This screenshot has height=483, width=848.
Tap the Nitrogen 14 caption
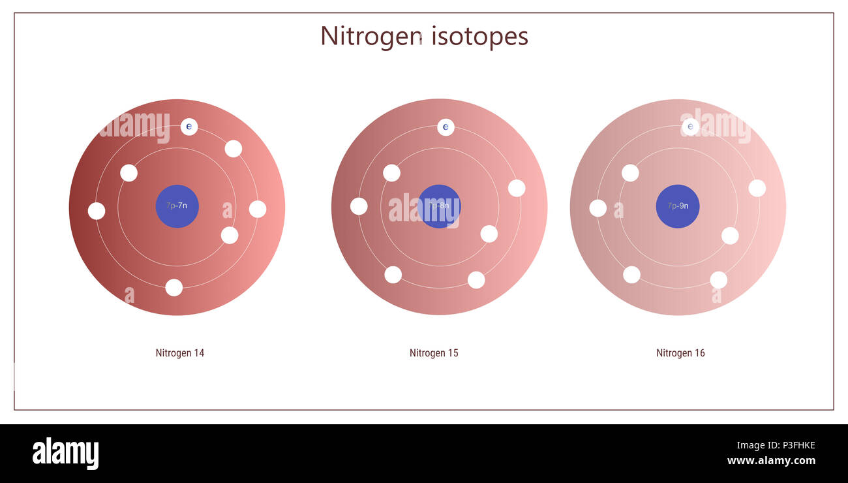coord(180,353)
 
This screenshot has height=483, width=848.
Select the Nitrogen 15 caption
coord(434,353)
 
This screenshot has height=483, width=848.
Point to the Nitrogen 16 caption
coord(680,353)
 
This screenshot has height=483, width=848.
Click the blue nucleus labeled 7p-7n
coord(177,206)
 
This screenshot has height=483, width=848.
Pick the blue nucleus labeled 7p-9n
coord(678,206)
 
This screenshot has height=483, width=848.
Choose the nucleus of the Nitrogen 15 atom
coord(439,206)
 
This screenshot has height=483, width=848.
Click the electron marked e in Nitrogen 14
coord(189,127)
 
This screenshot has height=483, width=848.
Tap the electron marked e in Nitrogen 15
coord(446,127)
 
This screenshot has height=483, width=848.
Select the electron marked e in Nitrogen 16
coord(690,127)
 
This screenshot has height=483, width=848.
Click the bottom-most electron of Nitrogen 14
coord(174,287)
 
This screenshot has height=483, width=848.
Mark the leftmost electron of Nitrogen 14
coord(97,211)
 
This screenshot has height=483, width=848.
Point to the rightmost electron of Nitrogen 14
coord(258,209)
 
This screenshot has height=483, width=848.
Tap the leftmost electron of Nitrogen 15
coord(359,206)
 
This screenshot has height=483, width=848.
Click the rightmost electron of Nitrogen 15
coord(517,188)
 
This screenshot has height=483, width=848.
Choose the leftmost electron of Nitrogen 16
coord(598,208)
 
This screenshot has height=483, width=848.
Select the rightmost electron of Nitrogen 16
coord(757,188)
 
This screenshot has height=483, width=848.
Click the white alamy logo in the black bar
coord(65,454)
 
